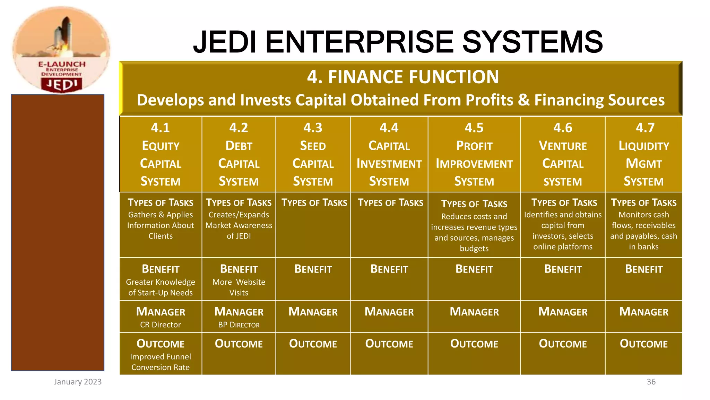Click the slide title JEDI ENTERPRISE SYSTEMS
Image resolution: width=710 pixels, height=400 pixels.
398,42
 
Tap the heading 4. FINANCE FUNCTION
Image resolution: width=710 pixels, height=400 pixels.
403,77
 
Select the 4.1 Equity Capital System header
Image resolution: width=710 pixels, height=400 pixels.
161,155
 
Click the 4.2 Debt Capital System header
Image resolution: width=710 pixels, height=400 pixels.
239,155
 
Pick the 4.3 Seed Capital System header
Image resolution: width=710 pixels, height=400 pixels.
313,155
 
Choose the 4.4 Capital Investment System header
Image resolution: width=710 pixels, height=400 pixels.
389,155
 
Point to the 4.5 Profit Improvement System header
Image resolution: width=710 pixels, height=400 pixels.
474,155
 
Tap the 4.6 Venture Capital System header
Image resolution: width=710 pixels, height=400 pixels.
563,155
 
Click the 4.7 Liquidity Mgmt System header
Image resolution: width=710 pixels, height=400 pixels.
643,155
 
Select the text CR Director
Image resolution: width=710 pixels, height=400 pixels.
161,325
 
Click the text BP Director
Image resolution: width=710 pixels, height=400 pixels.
239,325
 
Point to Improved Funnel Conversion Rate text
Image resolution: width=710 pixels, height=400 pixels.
161,362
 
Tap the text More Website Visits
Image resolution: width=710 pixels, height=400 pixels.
239,287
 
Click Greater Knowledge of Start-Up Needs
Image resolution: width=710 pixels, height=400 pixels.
161,287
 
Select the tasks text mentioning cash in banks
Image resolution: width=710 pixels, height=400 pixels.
643,231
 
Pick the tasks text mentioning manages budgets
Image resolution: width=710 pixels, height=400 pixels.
474,232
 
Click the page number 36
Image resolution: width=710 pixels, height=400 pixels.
651,382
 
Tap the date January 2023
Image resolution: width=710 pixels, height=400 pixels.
78,382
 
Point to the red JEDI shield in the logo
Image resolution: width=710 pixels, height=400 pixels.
62,84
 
